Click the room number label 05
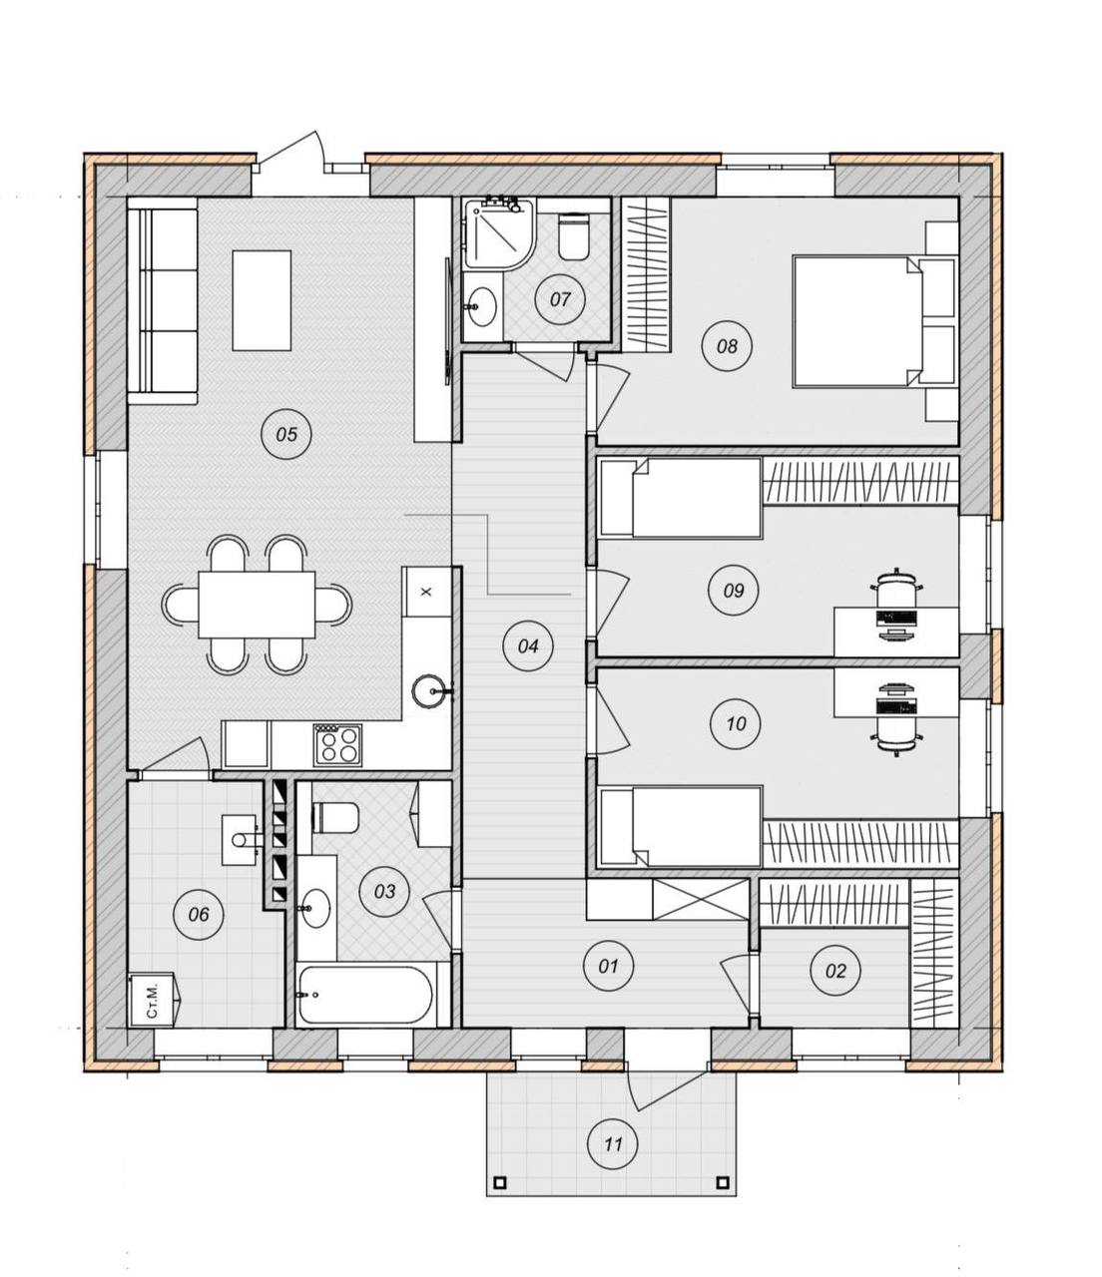click(x=286, y=434)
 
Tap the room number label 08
click(x=727, y=345)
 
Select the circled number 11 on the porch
click(x=613, y=1144)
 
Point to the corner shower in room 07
click(x=498, y=232)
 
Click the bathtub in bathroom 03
click(x=364, y=995)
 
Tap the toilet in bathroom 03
click(x=336, y=817)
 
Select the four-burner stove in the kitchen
click(x=337, y=745)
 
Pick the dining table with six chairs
click(x=257, y=605)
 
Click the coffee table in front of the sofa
click(x=262, y=300)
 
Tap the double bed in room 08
click(x=874, y=322)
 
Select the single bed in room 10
click(x=681, y=827)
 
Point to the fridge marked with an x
click(x=425, y=592)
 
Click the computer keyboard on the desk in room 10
click(x=896, y=706)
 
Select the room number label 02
click(x=835, y=971)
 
